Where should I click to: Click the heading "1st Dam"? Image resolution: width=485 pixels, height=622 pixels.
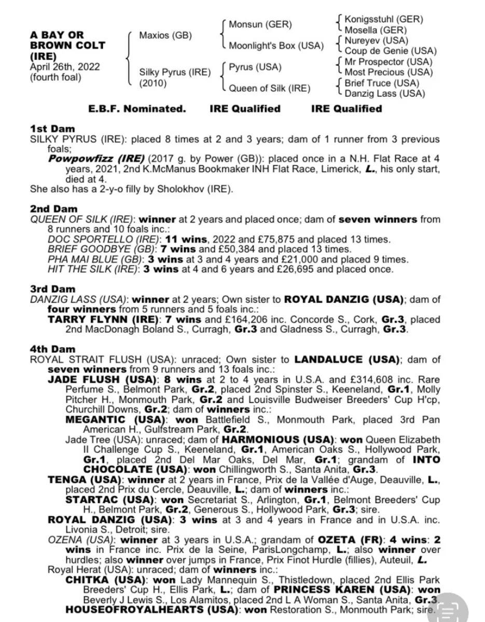(52, 129)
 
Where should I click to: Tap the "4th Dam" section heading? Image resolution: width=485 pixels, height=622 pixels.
(52, 349)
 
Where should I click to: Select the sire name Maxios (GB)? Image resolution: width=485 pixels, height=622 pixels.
(165, 36)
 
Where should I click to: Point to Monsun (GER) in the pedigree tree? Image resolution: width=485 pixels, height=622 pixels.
(260, 25)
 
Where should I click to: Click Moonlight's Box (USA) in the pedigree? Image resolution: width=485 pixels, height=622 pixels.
(276, 46)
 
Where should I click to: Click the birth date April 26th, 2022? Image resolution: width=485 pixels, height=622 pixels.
(65, 67)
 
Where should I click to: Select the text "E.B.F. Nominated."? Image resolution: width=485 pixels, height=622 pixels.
(137, 109)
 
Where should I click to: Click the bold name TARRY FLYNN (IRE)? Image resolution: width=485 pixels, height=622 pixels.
(92, 319)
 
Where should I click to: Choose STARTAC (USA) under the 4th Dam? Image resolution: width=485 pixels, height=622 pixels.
(109, 500)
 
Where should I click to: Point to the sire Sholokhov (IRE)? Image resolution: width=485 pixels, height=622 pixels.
(189, 189)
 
